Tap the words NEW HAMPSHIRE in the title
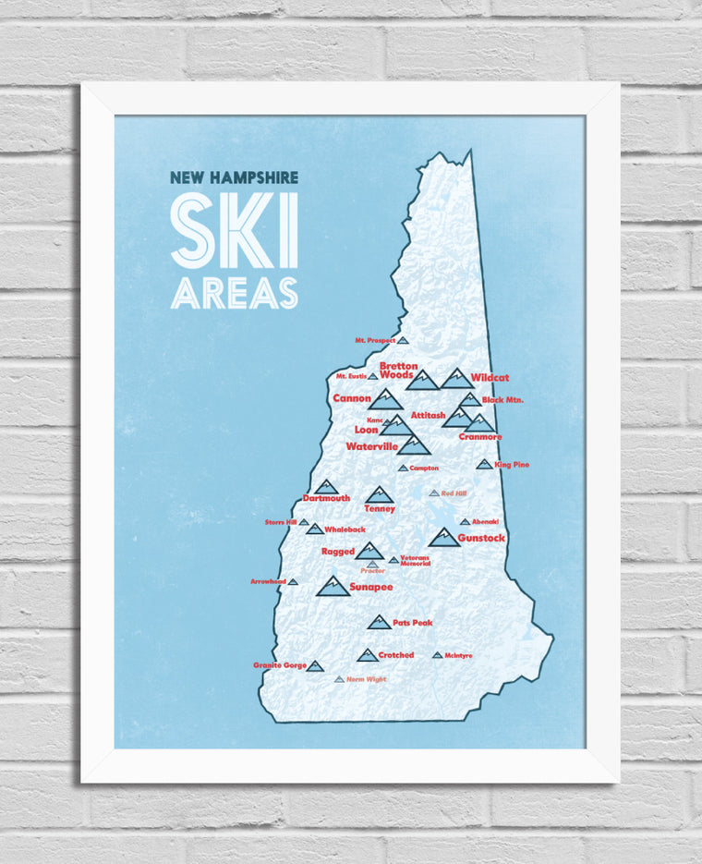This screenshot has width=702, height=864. coord(235,177)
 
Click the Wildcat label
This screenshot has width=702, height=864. coord(490,378)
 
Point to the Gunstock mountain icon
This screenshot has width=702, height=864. coord(444,538)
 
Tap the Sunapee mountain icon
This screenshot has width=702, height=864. coord(333,586)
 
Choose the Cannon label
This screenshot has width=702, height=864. coord(352,398)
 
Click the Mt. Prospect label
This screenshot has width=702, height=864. coord(375,341)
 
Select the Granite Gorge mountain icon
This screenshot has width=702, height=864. coord(315,665)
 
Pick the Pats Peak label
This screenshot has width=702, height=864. coord(412,623)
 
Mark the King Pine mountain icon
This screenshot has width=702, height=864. coord(484,464)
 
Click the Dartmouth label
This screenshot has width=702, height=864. coord(326,499)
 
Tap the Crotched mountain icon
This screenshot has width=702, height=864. coord(367,655)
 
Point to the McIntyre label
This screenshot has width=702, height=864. coord(458,656)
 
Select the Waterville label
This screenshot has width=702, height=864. coord(371,446)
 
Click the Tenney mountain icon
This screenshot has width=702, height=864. coord(379,495)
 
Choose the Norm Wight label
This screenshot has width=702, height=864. coord(367,679)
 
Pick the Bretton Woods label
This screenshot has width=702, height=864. coord(399,371)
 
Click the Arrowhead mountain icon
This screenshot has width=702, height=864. coord(293,581)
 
